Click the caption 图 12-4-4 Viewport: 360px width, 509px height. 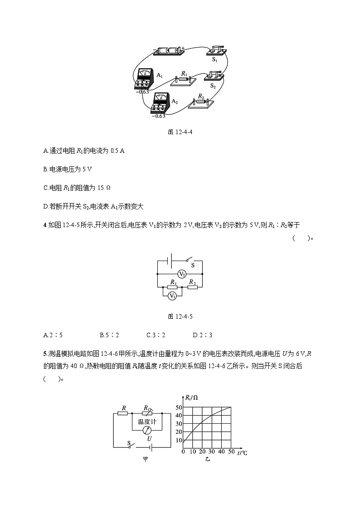(180, 132)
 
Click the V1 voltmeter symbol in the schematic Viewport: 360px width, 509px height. (172, 296)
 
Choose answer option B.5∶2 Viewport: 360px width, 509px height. (109, 335)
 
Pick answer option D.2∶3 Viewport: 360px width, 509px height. (202, 335)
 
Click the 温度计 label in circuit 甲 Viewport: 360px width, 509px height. (147, 422)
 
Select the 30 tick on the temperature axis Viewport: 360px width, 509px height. (212, 452)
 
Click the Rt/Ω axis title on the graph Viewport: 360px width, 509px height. (191, 398)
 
